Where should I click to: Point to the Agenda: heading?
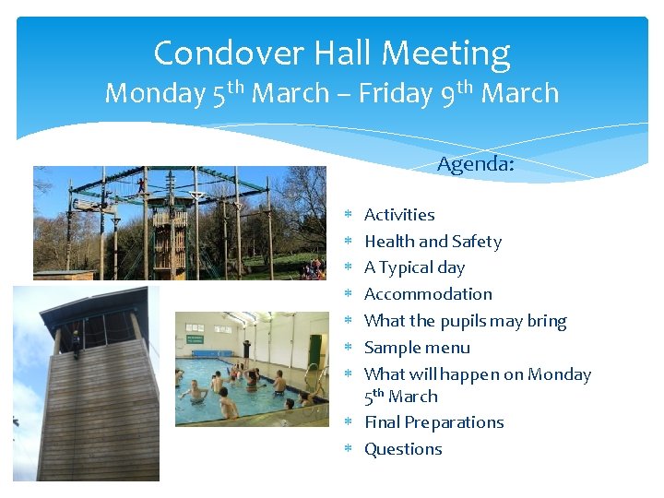(475, 164)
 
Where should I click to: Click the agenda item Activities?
(399, 215)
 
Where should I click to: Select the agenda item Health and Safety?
(433, 242)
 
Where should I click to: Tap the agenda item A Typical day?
(414, 267)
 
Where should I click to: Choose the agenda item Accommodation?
(428, 294)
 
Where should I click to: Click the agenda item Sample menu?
(417, 348)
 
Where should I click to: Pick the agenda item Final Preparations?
(433, 422)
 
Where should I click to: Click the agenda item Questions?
(403, 449)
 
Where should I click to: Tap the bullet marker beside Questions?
(350, 449)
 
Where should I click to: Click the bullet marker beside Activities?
(350, 215)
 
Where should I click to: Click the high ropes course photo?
(180, 222)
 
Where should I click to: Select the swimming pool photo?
(252, 369)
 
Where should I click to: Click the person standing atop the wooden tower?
(76, 342)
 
